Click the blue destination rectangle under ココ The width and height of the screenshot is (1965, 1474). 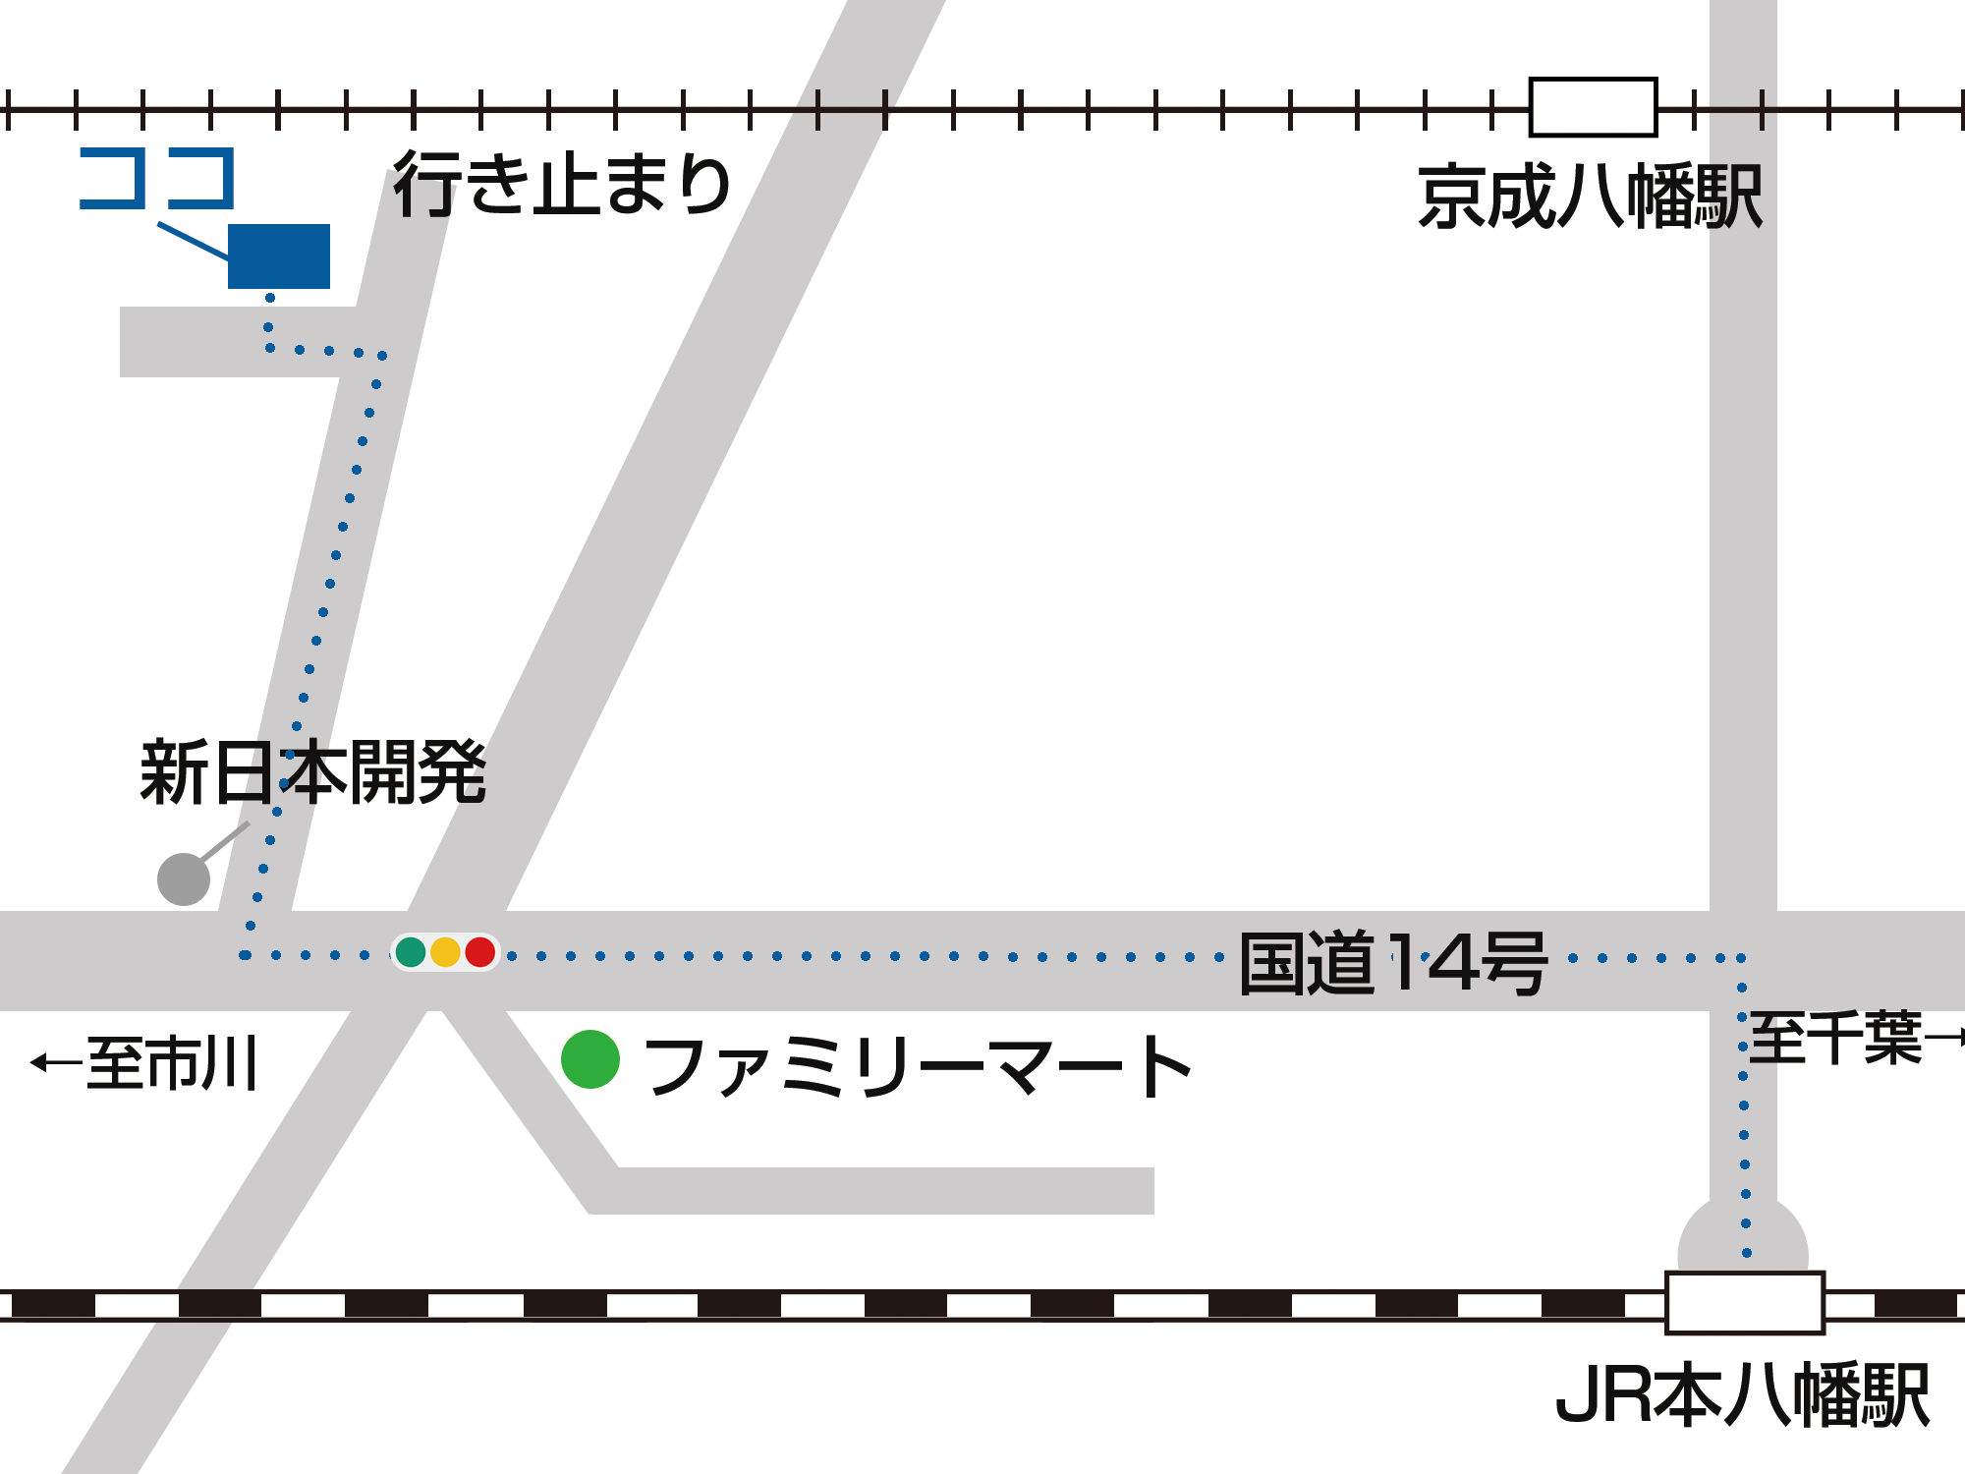[279, 256]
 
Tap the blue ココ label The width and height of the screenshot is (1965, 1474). [157, 179]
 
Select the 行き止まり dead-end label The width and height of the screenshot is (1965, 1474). [562, 184]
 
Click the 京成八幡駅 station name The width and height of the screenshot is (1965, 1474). [1590, 198]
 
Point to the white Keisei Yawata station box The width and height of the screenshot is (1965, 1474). [1593, 107]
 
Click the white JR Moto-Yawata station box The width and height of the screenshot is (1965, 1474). [1744, 1302]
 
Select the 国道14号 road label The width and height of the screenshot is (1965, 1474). [1393, 963]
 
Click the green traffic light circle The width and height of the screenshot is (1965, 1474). [411, 952]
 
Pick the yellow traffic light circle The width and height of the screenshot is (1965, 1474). [445, 952]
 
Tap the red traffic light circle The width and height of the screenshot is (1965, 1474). [479, 952]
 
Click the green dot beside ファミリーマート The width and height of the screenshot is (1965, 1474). [590, 1059]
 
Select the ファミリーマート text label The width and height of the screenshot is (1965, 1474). [919, 1067]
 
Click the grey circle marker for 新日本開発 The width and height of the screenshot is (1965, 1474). [184, 879]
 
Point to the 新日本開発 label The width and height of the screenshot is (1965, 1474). [312, 773]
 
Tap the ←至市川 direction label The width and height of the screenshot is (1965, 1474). [145, 1062]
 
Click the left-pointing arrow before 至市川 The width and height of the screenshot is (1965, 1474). [55, 1062]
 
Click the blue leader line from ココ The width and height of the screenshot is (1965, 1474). [193, 241]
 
